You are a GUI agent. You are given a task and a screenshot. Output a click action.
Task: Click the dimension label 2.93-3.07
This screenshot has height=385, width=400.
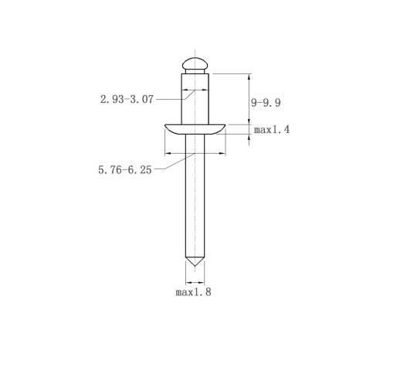(127, 99)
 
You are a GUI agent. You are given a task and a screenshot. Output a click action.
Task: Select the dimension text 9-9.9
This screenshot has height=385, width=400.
(266, 103)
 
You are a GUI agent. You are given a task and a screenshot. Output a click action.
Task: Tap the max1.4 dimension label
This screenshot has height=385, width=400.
(272, 129)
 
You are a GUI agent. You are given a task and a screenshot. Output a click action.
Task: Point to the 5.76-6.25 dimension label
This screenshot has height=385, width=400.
(125, 170)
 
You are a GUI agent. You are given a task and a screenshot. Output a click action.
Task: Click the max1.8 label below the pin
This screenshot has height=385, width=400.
(193, 292)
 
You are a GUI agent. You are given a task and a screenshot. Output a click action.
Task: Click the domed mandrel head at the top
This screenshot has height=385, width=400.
(195, 63)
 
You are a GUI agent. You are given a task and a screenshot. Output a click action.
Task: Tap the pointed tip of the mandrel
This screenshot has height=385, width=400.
(195, 266)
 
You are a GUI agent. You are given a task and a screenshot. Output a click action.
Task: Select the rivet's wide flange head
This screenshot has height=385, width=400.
(195, 129)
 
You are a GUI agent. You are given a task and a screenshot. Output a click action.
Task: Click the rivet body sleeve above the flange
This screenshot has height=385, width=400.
(195, 99)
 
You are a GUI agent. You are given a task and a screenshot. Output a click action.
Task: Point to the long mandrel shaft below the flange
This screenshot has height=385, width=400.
(195, 196)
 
